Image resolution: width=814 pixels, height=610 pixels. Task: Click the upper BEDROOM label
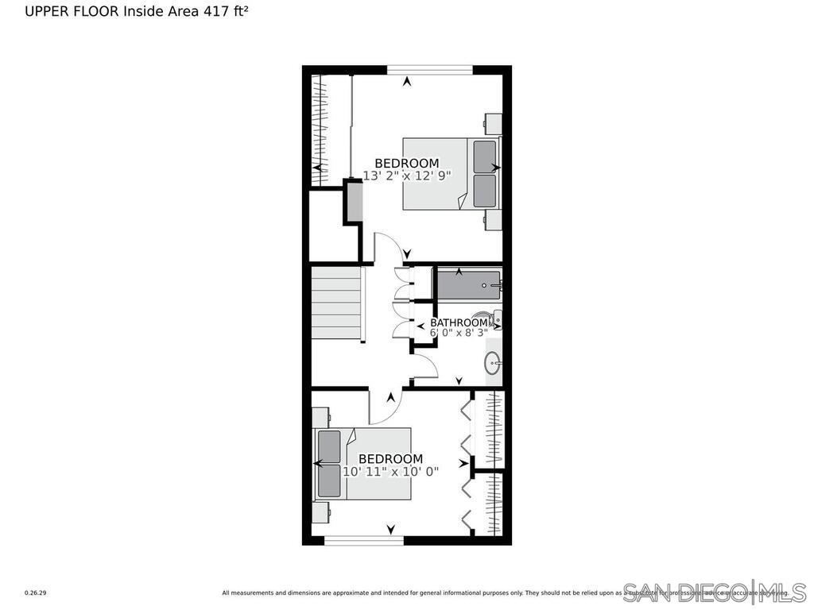406,164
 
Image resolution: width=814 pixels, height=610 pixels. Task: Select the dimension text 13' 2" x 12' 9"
407,176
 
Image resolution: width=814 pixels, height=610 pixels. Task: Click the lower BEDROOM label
390,459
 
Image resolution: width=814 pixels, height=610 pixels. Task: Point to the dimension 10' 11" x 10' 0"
390,472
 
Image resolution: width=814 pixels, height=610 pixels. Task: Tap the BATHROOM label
459,322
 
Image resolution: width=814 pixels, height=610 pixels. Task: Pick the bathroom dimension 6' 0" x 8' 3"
459,334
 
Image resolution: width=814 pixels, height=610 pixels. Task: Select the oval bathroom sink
493,365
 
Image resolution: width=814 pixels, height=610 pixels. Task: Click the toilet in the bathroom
492,319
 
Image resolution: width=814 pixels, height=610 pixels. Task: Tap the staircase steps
336,304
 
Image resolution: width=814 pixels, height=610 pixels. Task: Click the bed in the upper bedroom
451,174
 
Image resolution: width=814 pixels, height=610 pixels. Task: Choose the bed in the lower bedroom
363,464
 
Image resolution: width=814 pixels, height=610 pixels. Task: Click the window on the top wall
429,70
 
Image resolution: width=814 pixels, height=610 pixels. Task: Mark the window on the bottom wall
364,541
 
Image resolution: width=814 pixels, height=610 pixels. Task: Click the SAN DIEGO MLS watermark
713,592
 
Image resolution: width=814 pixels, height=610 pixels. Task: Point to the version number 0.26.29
35,593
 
